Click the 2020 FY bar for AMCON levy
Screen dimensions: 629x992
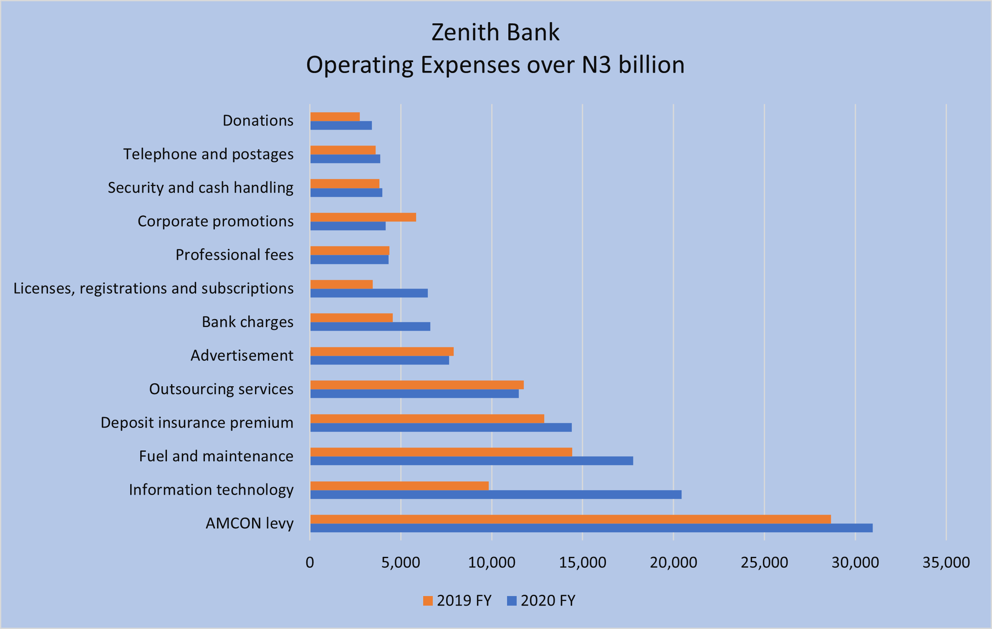click(x=591, y=528)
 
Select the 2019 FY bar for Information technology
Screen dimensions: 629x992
click(x=399, y=486)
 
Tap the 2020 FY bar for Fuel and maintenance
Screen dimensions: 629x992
click(x=472, y=461)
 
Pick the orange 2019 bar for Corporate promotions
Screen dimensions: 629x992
click(x=363, y=217)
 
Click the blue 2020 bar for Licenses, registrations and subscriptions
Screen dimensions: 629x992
click(x=369, y=293)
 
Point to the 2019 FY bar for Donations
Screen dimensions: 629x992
click(x=335, y=117)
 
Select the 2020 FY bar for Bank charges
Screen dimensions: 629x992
click(x=370, y=327)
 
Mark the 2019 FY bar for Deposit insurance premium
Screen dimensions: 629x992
click(x=427, y=418)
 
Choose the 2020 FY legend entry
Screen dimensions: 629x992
click(x=541, y=601)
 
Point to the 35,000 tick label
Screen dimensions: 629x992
click(x=946, y=563)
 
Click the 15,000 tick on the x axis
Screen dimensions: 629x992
click(x=583, y=563)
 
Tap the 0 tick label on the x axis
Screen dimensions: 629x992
click(x=310, y=563)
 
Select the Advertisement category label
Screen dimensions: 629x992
click(x=242, y=355)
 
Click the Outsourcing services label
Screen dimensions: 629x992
click(x=221, y=389)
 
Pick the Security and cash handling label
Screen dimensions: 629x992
click(x=201, y=188)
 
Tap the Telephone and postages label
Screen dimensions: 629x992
click(x=208, y=154)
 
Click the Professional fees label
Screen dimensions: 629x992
click(x=235, y=255)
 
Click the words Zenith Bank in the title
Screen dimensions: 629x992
click(x=495, y=33)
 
